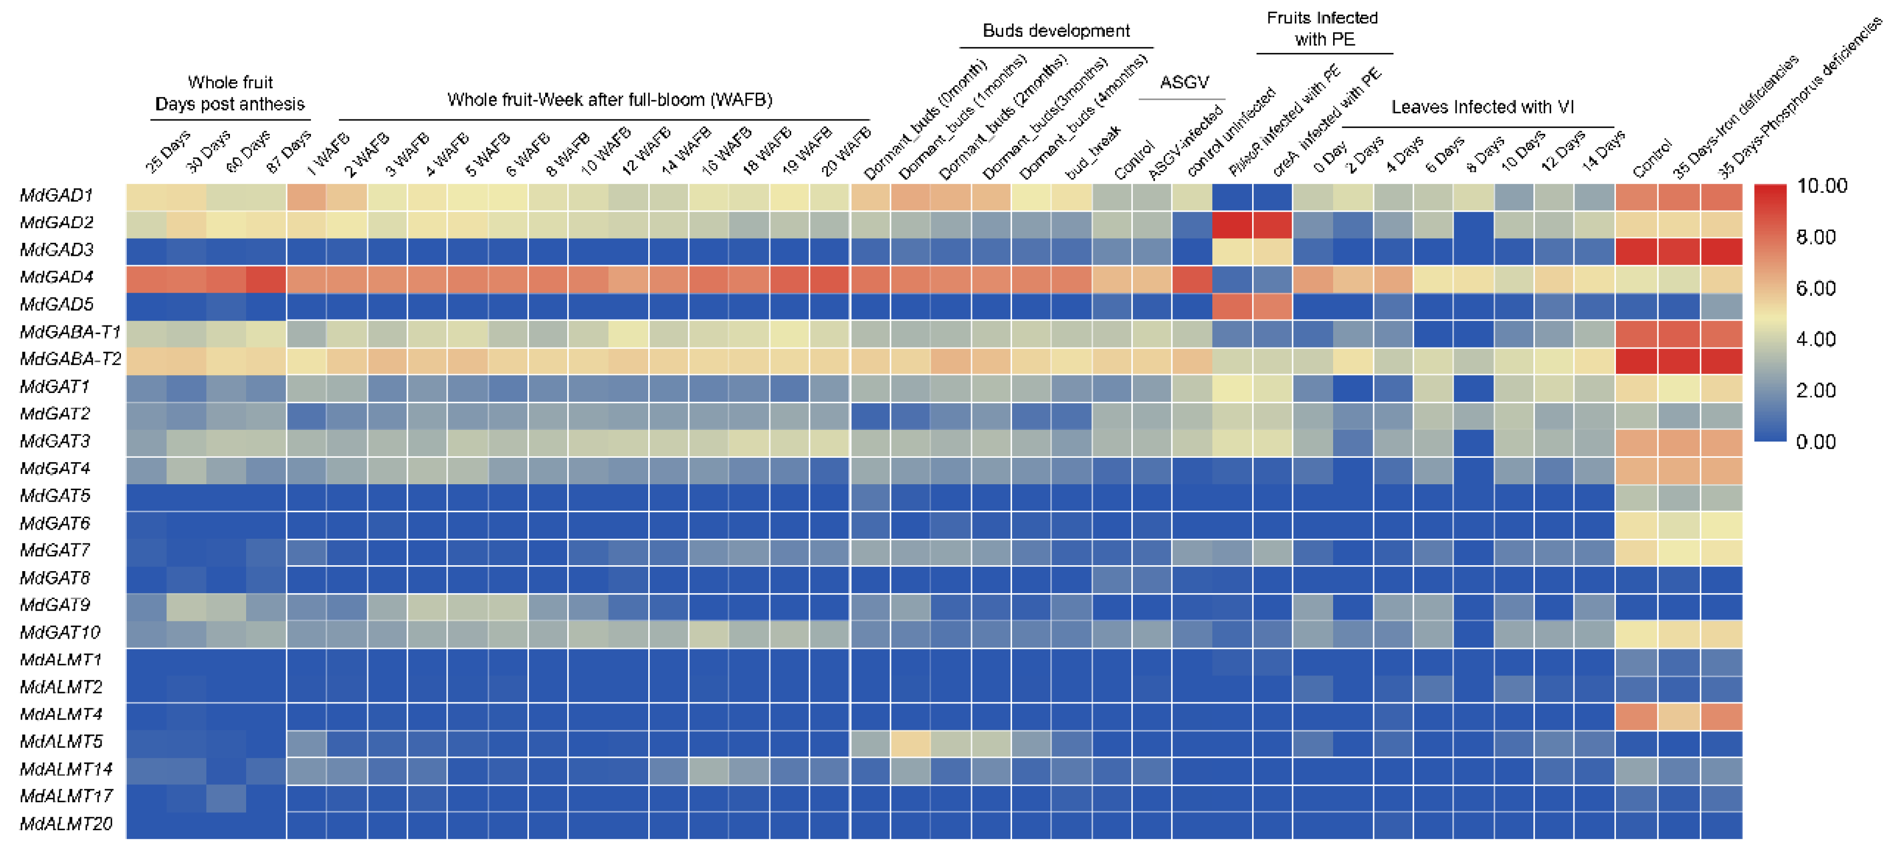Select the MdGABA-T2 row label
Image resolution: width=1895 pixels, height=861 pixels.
(x=71, y=359)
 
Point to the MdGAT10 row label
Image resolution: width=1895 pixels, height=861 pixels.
(x=60, y=633)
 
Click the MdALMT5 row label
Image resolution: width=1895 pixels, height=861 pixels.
(x=61, y=742)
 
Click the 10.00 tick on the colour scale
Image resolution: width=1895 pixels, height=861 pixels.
(x=1822, y=186)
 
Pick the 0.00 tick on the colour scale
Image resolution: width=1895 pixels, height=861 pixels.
(x=1816, y=442)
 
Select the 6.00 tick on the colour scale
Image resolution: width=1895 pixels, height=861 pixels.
(x=1816, y=288)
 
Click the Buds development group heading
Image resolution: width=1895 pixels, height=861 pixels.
(x=1056, y=31)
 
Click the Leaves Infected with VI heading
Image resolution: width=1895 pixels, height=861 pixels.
(x=1482, y=107)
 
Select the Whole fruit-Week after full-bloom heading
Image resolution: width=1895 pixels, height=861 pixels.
(x=609, y=100)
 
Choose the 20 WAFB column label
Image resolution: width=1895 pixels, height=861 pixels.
(x=845, y=152)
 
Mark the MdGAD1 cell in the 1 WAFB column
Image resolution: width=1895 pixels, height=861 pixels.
(x=307, y=196)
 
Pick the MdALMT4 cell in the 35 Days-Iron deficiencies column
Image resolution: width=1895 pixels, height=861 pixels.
(x=1680, y=716)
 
